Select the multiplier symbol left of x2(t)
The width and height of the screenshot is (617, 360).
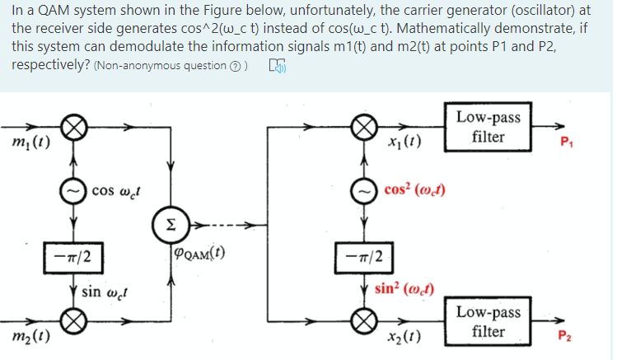361,319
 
